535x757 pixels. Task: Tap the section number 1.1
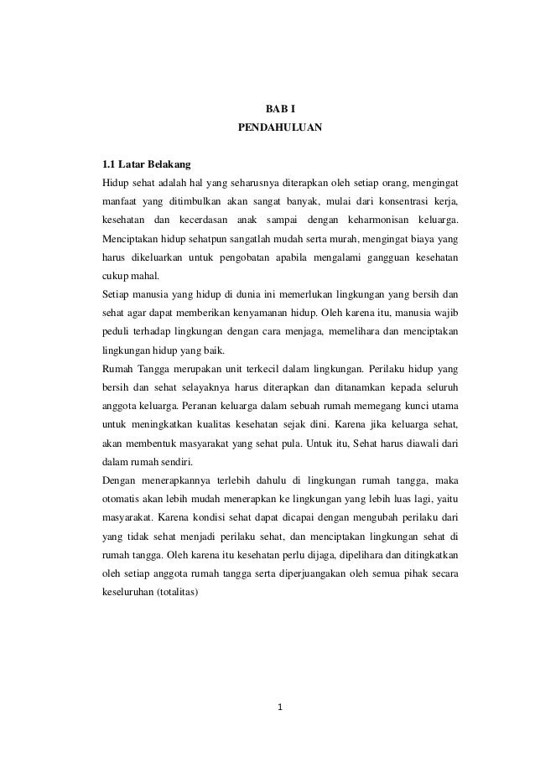click(108, 166)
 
